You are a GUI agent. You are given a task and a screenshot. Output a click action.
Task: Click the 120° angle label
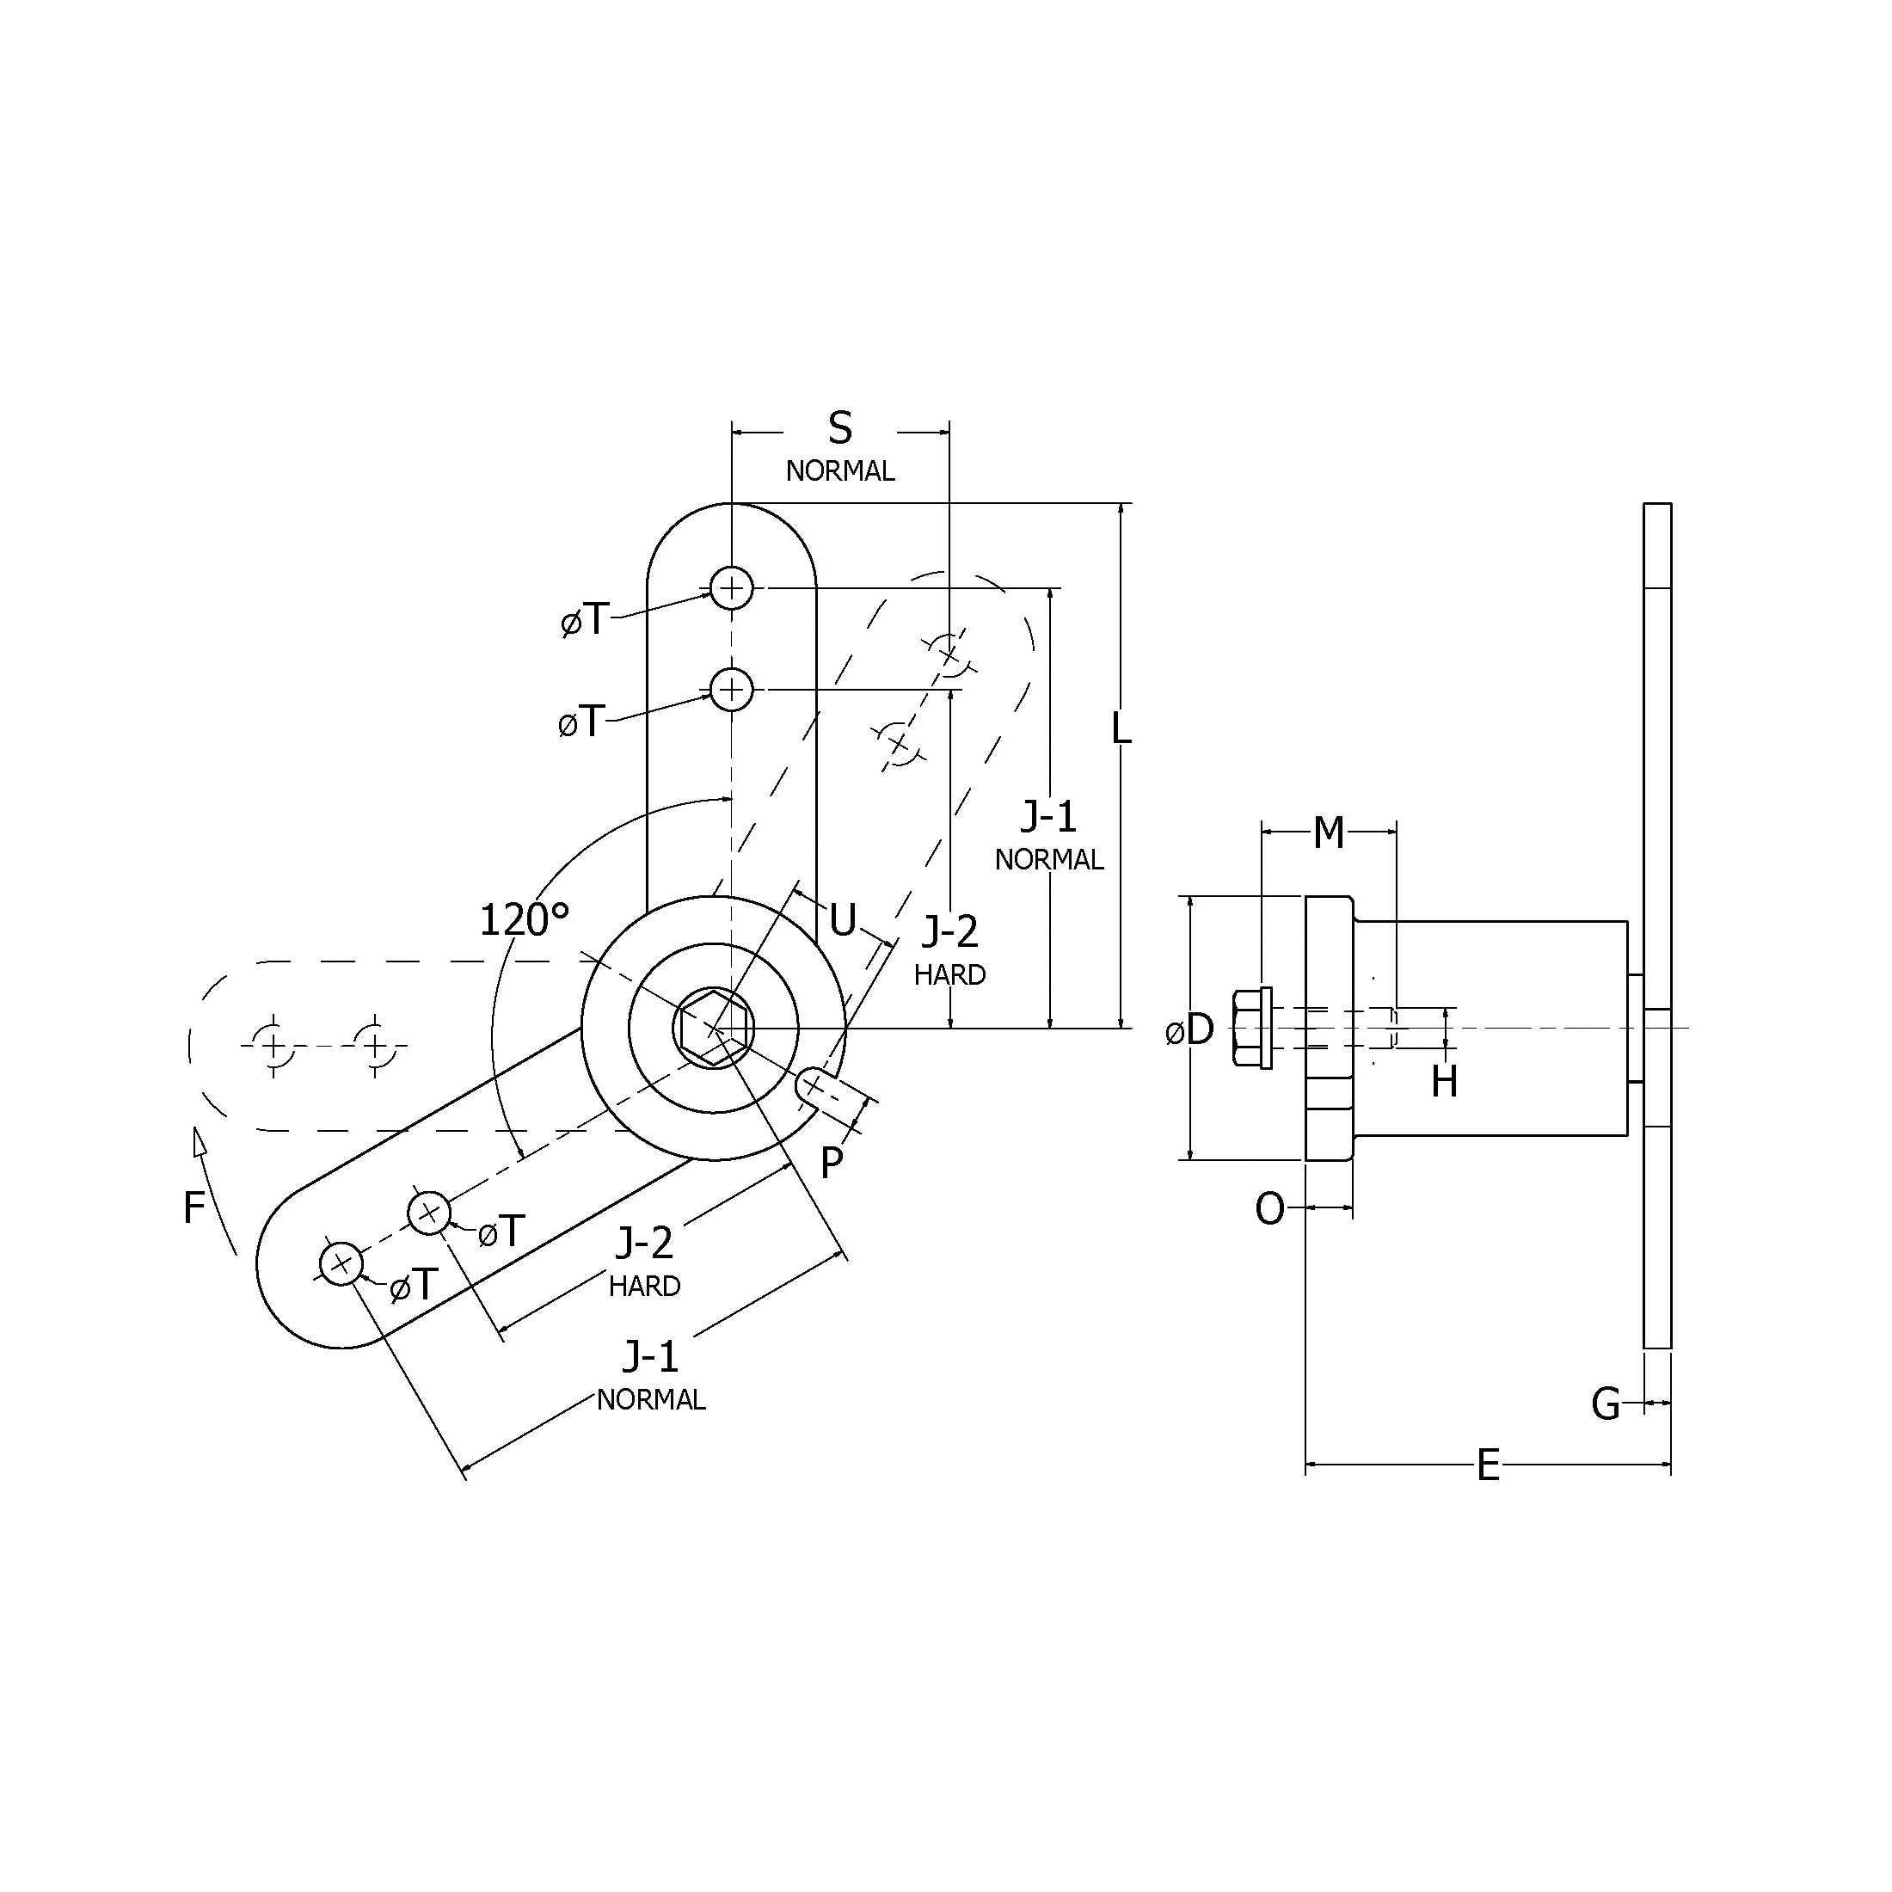524,919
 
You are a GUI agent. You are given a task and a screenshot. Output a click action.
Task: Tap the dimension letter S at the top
840,428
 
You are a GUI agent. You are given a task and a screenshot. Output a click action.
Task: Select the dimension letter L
1121,728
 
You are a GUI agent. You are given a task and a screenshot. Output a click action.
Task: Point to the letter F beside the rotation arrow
193,1208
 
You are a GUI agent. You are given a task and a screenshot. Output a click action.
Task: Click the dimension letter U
842,919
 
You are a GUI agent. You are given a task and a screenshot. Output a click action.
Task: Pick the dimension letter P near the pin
832,1164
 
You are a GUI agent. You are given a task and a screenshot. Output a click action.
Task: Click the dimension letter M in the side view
1328,832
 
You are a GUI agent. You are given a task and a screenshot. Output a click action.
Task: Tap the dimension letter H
1445,1082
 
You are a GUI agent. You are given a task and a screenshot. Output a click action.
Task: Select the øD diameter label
1191,1029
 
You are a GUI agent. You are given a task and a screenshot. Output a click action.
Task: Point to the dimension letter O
1270,1209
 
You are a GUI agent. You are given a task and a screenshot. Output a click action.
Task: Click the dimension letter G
1606,1404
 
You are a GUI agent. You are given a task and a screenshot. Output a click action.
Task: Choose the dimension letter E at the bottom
1488,1466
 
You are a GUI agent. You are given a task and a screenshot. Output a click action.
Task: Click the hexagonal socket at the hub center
713,1028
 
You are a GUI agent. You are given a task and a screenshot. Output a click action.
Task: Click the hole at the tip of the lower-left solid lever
341,1264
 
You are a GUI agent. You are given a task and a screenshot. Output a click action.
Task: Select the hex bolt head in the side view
1252,1028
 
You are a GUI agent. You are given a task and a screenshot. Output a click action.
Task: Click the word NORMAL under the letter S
840,471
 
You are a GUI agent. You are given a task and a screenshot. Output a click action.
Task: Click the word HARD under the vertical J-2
950,974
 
